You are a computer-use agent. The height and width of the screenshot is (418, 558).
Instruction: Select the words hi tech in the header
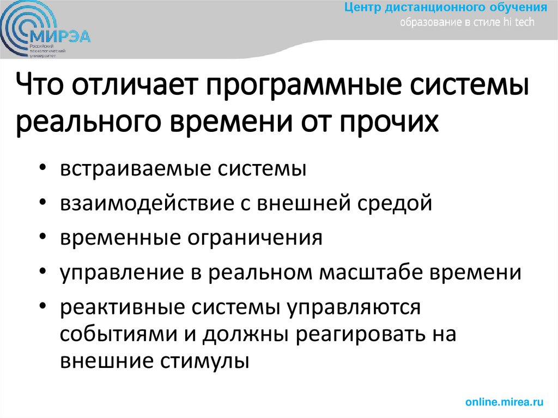click(x=521, y=22)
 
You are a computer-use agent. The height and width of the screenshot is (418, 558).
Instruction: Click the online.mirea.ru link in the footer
click(x=505, y=402)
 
